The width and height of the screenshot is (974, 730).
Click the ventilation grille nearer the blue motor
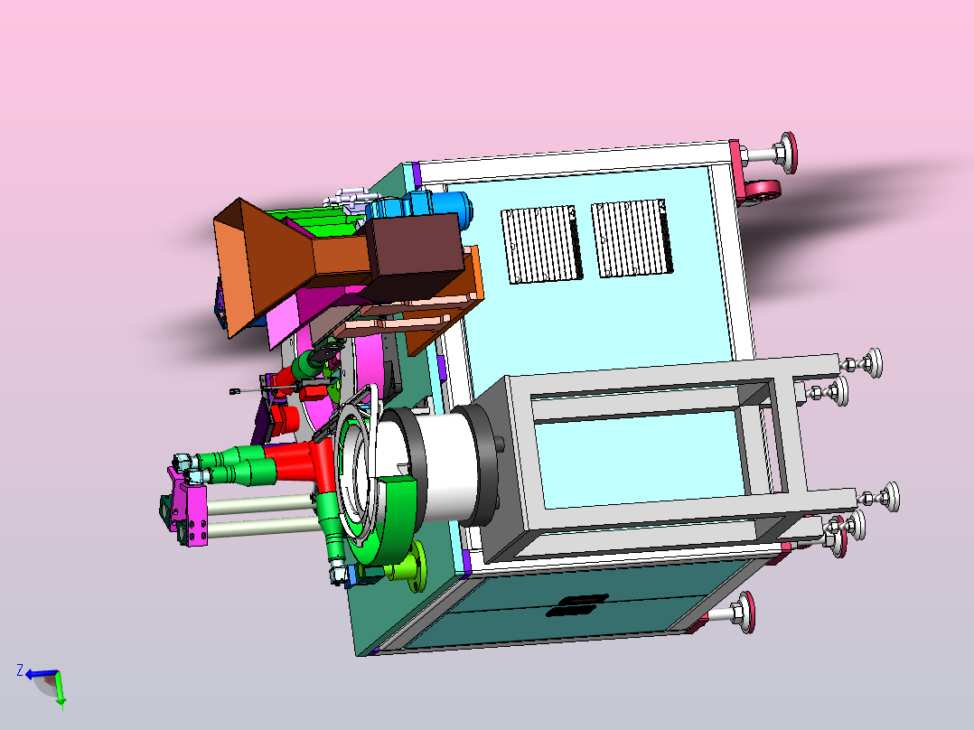pos(542,244)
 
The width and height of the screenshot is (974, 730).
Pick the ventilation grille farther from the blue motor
pos(632,238)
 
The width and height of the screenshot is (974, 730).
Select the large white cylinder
pos(435,462)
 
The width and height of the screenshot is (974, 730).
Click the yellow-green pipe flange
pos(407,566)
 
